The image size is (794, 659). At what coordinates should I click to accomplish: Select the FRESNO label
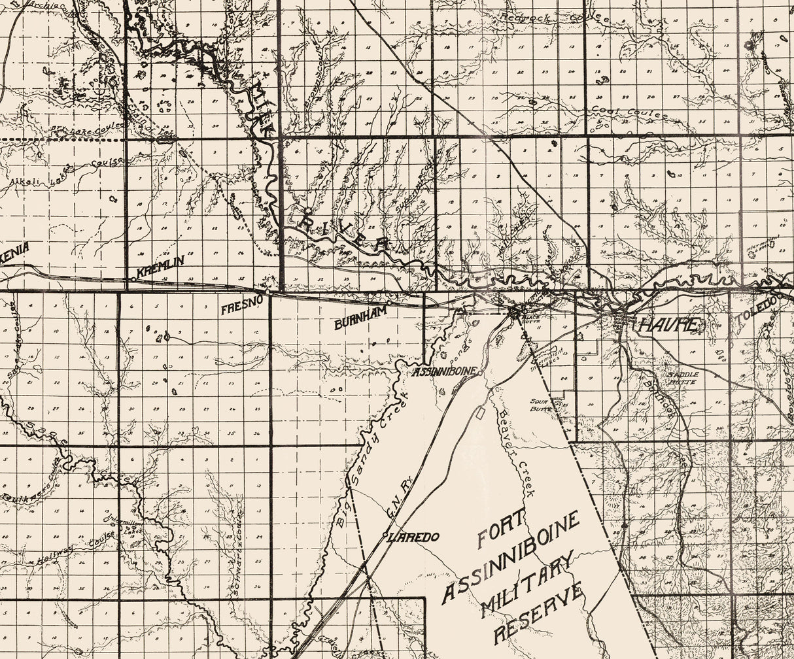pos(241,306)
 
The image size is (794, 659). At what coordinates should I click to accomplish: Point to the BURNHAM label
pos(360,318)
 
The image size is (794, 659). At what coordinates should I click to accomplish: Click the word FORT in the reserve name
pos(501,528)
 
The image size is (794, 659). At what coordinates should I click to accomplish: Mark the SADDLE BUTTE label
pos(683,377)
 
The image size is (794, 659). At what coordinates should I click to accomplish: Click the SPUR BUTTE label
pos(542,405)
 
